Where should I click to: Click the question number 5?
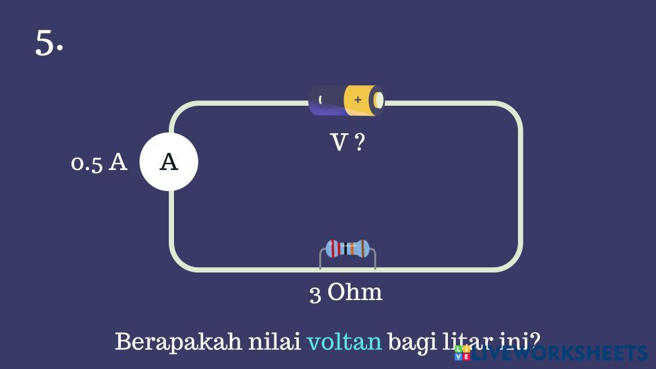48,43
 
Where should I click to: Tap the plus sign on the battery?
357,100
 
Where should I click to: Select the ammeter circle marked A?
169,162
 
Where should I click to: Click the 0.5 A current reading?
98,162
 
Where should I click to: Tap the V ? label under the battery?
347,142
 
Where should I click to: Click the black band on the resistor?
344,248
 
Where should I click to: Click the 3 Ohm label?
345,292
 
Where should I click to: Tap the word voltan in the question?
344,341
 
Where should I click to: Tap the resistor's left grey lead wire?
321,259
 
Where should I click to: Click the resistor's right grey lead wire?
374,259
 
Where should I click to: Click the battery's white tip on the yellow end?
378,100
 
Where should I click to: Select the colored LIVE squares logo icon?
462,353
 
